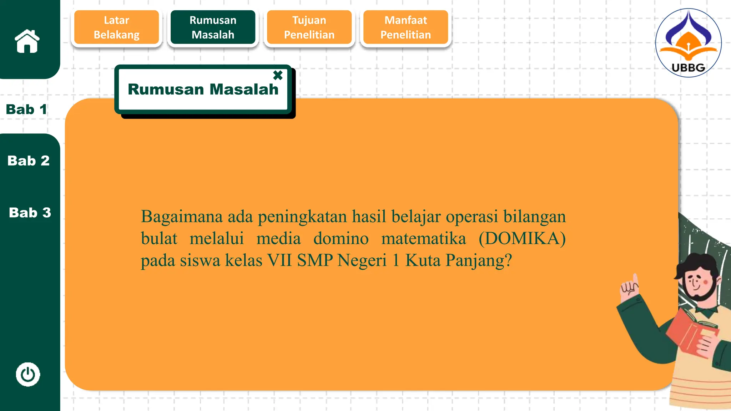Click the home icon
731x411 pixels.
pos(27,41)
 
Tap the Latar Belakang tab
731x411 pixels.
pos(116,27)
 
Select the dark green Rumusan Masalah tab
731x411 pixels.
pos(213,27)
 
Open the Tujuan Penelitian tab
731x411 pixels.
pos(309,27)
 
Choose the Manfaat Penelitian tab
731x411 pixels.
pos(405,27)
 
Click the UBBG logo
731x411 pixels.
pos(688,43)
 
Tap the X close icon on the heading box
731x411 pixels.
pos(278,75)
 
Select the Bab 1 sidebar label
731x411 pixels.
pos(26,110)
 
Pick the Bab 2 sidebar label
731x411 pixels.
pos(29,161)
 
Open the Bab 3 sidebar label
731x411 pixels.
pos(30,213)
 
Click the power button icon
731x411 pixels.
pos(28,375)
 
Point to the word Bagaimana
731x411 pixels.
pos(182,217)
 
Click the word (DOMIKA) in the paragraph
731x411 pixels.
pos(522,238)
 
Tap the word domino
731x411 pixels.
pos(341,238)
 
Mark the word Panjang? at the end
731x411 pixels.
pos(478,260)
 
